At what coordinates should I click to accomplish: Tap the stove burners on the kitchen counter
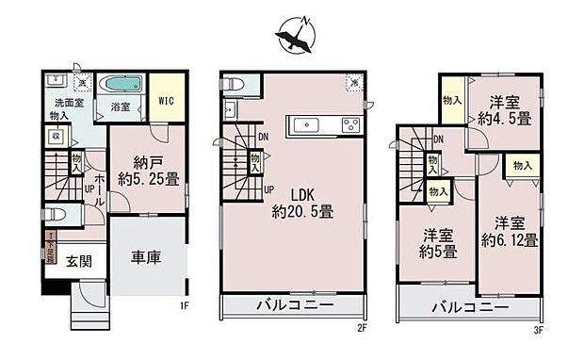pyautogui.click(x=350, y=124)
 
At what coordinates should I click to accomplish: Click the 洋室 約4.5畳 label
pyautogui.click(x=509, y=111)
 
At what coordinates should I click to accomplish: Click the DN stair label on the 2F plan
pyautogui.click(x=262, y=137)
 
